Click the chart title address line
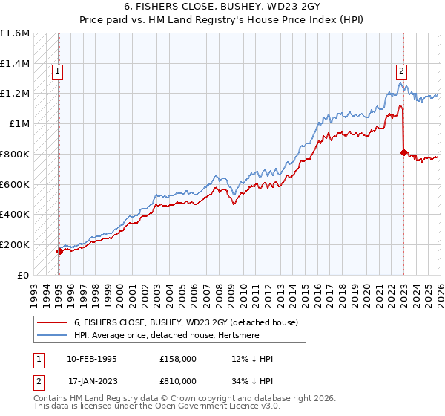(x=222, y=7)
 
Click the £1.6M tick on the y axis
(x=15, y=33)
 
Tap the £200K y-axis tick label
(x=15, y=244)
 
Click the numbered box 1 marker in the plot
(x=58, y=71)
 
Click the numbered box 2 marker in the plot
(x=401, y=71)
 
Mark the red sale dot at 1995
(x=59, y=251)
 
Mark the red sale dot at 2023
(x=403, y=152)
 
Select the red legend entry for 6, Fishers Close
(x=185, y=322)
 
